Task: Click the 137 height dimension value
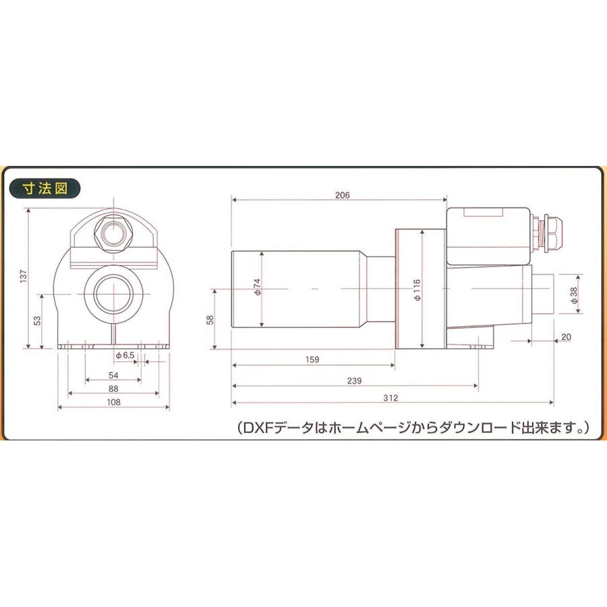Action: (x=23, y=277)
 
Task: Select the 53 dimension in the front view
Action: (x=36, y=320)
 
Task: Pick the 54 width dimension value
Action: (x=113, y=375)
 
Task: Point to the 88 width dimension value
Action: (x=113, y=388)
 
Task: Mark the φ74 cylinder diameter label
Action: (x=256, y=288)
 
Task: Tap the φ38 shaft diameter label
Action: (x=574, y=297)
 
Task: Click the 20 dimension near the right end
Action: (x=565, y=337)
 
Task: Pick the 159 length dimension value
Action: (x=312, y=360)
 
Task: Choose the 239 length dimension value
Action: (x=355, y=380)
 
